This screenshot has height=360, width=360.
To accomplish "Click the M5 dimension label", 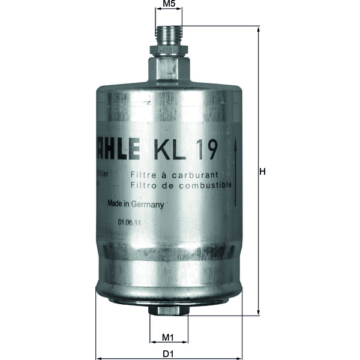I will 169,4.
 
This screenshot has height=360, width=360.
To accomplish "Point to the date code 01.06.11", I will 130,222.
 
